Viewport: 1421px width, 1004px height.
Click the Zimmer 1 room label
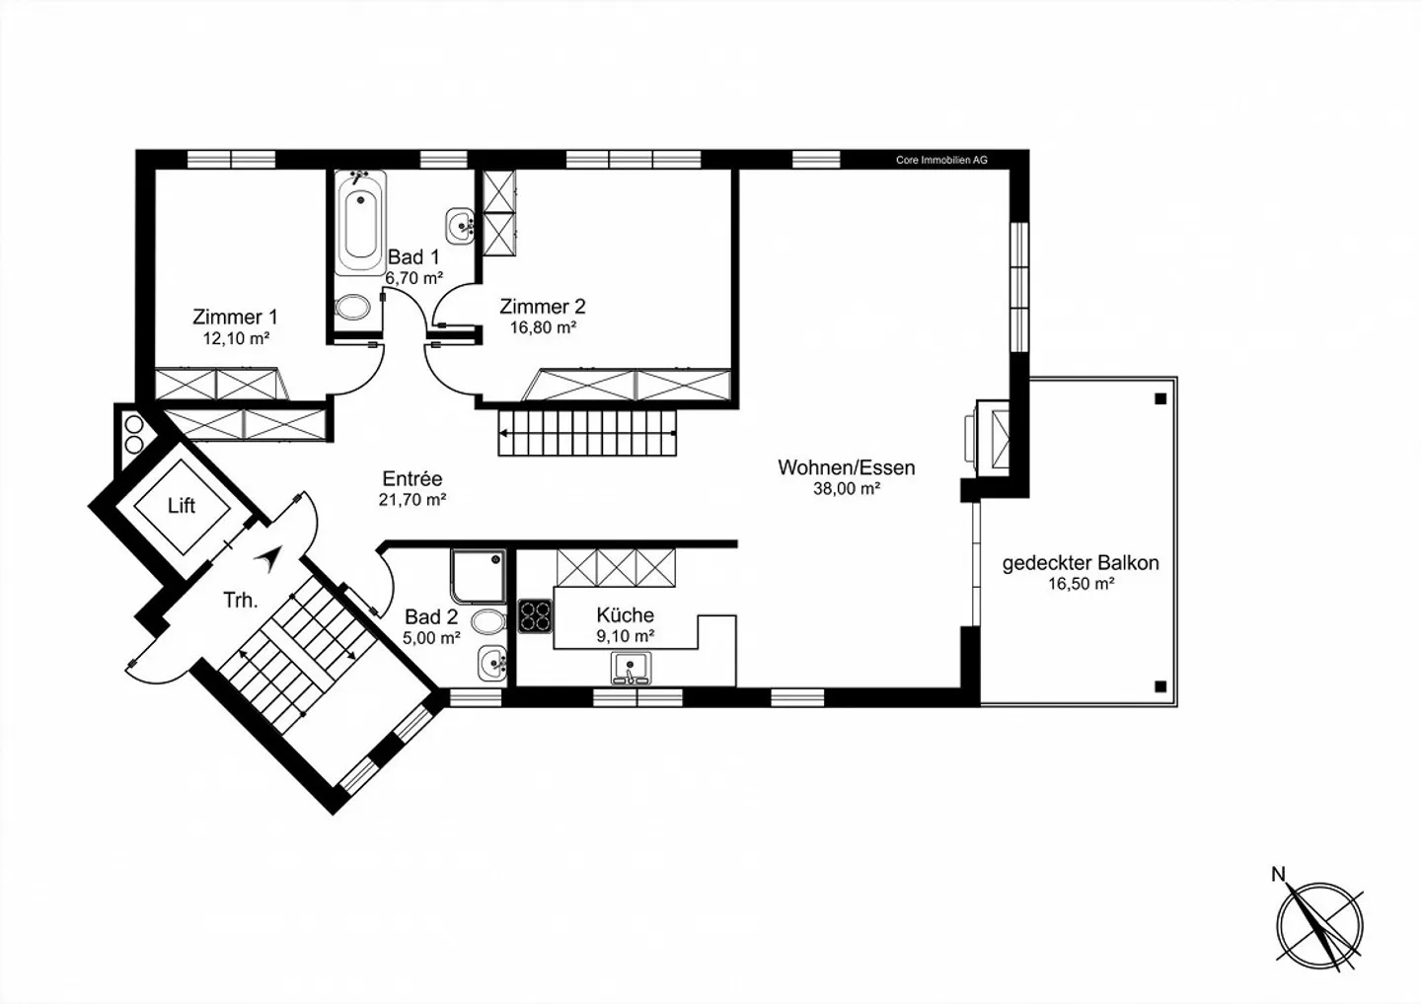pos(235,317)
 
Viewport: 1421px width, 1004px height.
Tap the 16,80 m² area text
pos(543,327)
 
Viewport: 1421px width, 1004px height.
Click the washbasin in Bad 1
pos(461,226)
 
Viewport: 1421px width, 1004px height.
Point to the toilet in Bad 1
pos(351,308)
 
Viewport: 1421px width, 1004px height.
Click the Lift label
pos(182,506)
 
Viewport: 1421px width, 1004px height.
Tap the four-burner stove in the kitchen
pos(535,615)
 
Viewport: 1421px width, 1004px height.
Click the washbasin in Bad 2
pos(491,663)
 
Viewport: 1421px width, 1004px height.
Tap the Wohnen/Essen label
pos(846,467)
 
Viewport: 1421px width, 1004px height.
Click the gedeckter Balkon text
pos(1081,563)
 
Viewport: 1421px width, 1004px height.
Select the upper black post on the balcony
pos(1160,399)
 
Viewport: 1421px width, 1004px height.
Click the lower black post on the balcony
pos(1160,686)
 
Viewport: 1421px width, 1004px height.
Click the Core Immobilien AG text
pos(940,160)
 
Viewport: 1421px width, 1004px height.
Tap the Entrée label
pos(412,478)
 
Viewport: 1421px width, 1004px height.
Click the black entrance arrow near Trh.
pos(265,560)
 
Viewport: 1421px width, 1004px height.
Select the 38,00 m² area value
pos(846,488)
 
